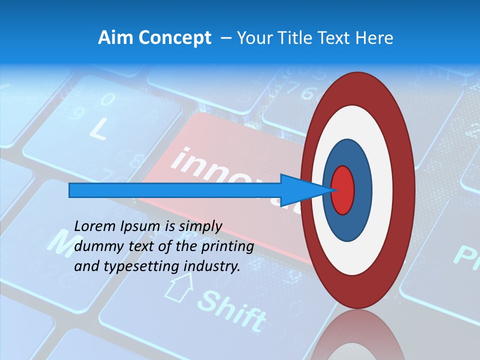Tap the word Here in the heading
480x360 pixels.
click(375, 38)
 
